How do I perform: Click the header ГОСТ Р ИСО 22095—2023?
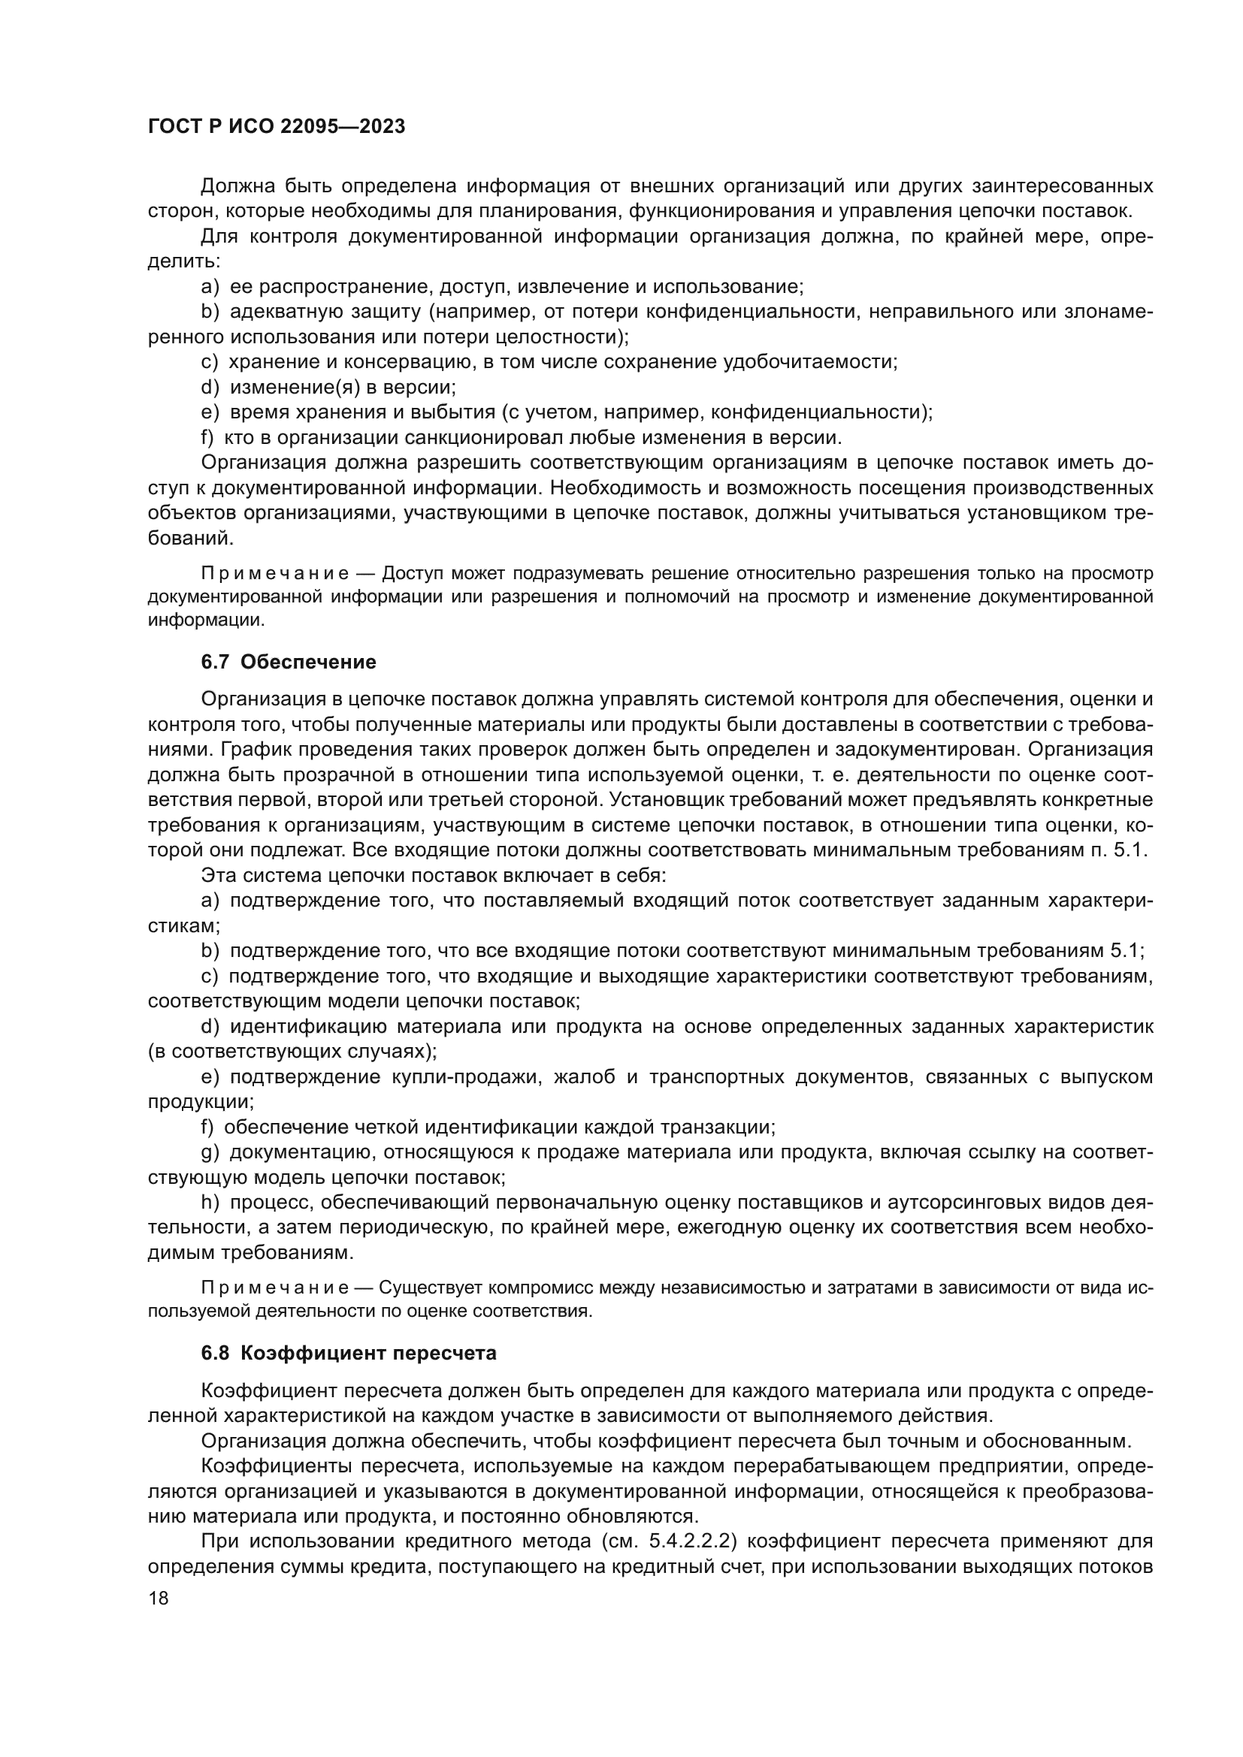click(x=277, y=127)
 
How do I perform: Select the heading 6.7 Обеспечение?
click(x=289, y=662)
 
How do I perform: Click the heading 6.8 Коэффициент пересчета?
click(x=348, y=1353)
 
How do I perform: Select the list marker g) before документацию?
click(x=210, y=1152)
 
